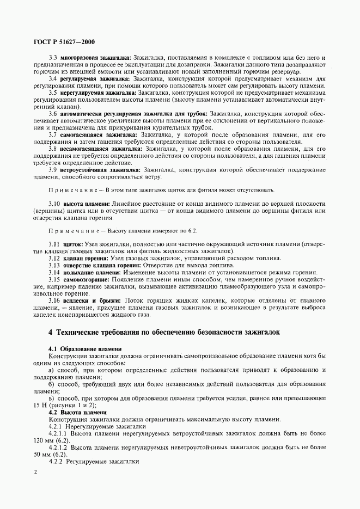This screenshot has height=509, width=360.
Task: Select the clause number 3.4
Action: (53, 78)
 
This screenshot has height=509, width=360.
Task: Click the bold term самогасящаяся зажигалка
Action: (99, 134)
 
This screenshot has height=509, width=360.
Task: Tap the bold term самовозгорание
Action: (87, 279)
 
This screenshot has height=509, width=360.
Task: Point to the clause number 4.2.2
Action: (56, 461)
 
